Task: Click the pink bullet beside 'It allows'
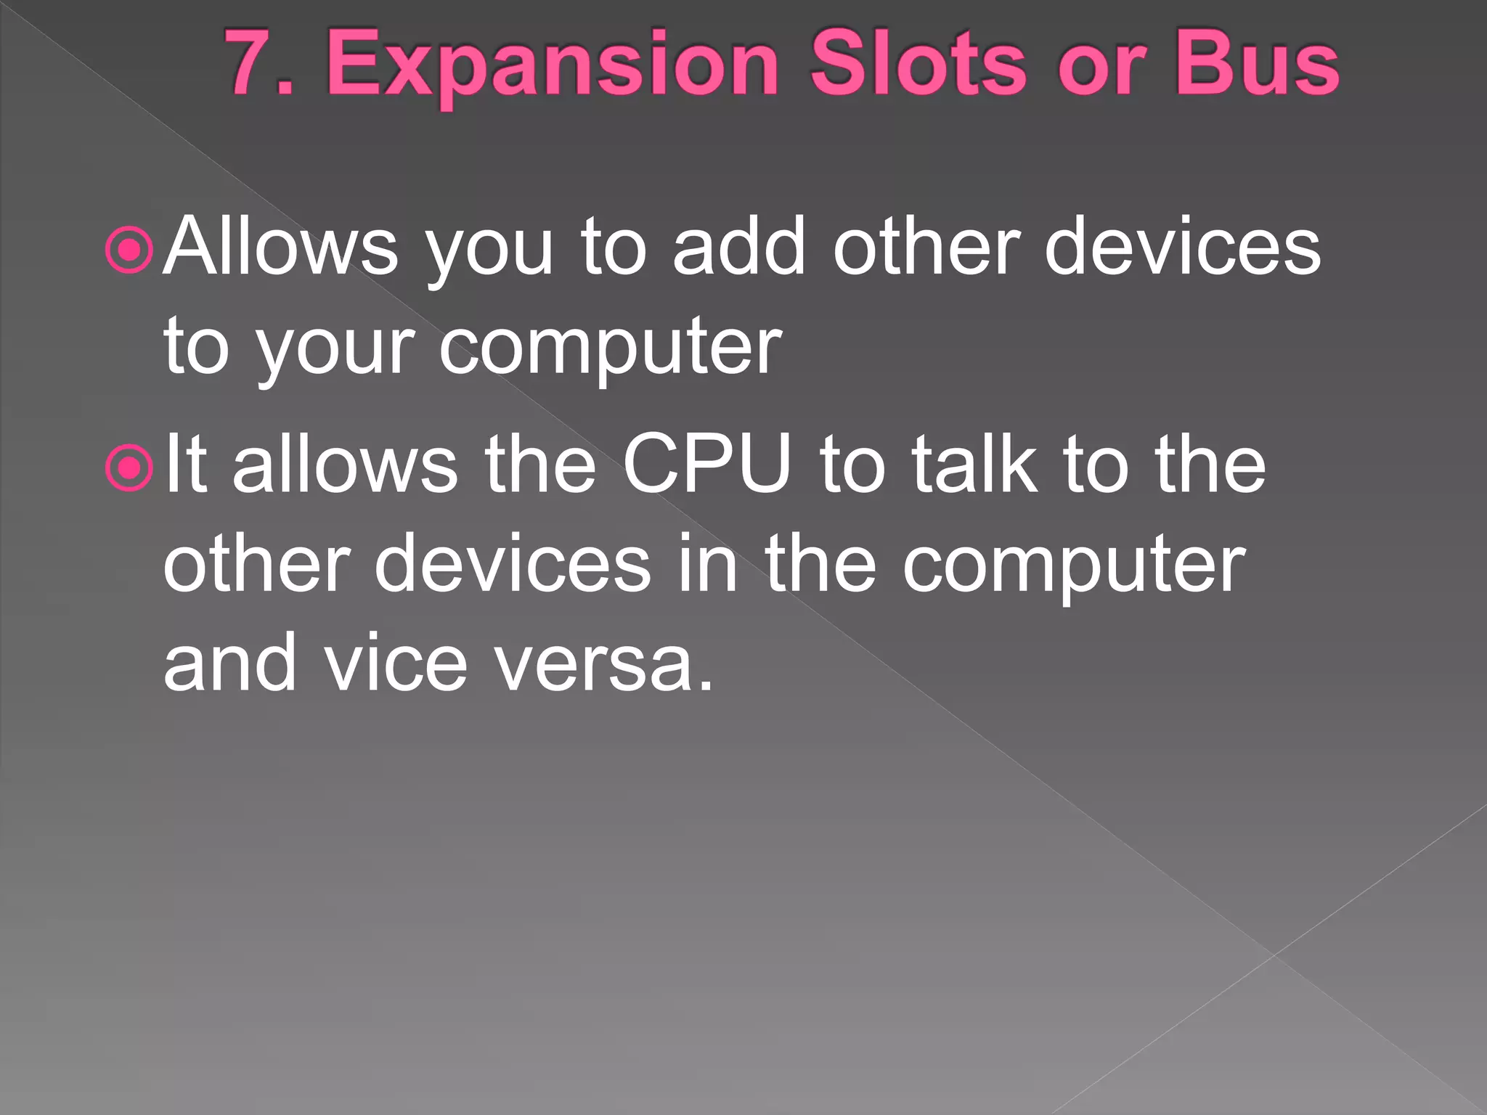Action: point(129,468)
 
